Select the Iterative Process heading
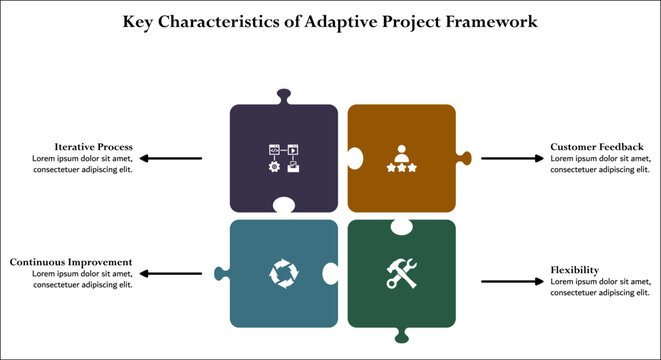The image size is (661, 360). (x=95, y=147)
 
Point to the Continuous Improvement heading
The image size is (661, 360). (x=71, y=262)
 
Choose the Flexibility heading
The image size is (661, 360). (x=575, y=270)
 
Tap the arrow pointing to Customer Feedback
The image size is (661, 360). (x=511, y=158)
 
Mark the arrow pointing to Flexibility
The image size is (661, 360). (x=511, y=281)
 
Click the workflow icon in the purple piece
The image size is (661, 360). (x=283, y=159)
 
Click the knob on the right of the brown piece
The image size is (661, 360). (x=464, y=157)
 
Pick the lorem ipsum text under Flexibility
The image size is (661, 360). (x=600, y=287)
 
